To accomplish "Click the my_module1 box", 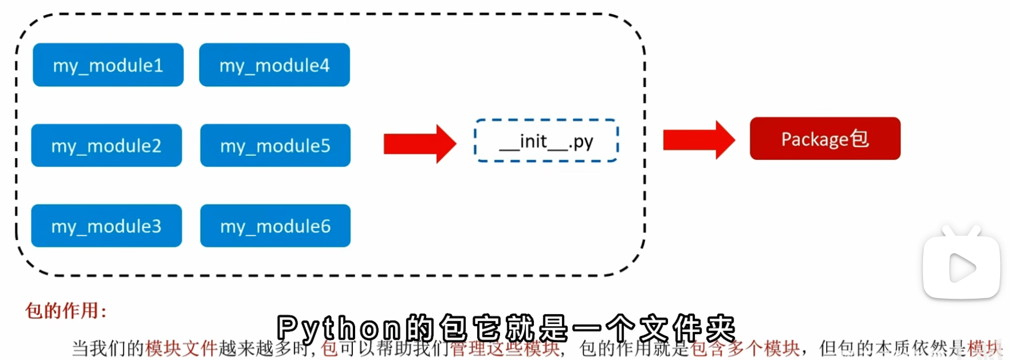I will pos(108,65).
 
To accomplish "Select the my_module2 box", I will pos(106,145).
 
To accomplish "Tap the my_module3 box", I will pos(106,225).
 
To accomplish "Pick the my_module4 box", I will pos(274,65).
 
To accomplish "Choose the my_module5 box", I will pos(275,145).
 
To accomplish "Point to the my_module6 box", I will pos(275,225).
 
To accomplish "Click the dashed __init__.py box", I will pos(546,141).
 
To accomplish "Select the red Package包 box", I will pos(825,138).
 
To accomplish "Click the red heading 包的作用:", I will pos(66,311).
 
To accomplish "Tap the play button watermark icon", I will pos(961,268).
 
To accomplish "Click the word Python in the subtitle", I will pos(339,329).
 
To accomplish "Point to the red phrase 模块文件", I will pos(181,348).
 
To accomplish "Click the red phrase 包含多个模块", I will pos(745,348).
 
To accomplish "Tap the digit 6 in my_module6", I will pos(325,225).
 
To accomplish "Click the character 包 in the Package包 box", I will pos(859,138).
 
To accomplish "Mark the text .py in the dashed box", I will pos(581,142).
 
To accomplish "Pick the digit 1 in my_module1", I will pos(158,65).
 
